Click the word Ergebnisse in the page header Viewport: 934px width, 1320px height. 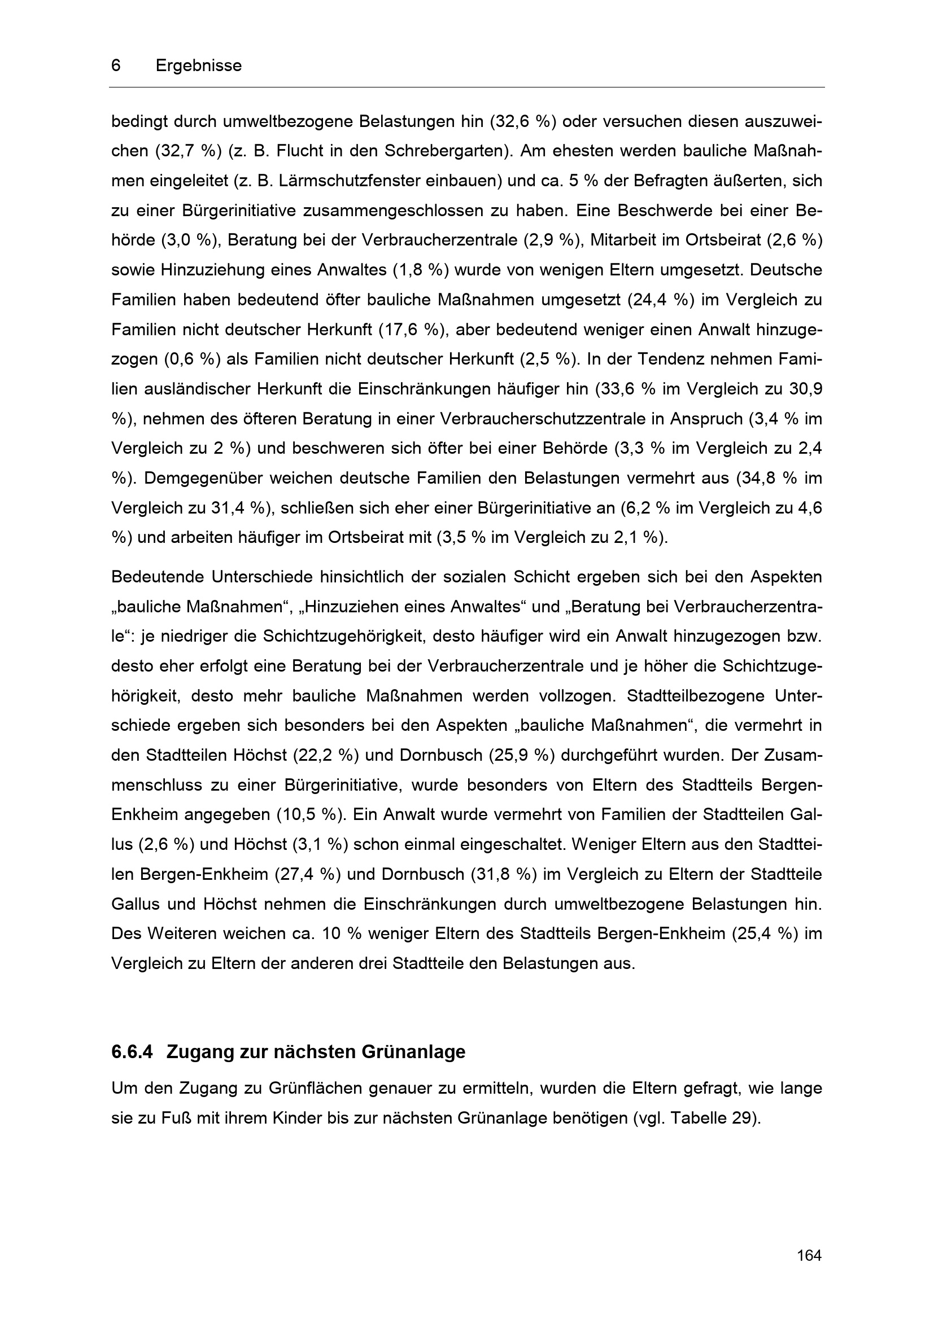198,66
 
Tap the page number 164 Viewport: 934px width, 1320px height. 809,1256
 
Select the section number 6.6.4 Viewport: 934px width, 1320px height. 132,1052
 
